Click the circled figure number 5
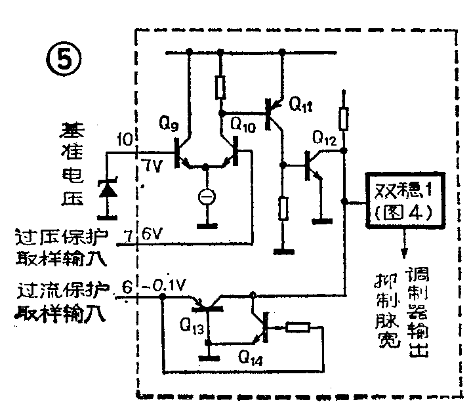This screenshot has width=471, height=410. [63, 60]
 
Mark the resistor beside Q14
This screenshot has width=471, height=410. [298, 327]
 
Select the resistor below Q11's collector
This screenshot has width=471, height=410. [283, 209]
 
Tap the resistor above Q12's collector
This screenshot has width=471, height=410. [342, 119]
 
